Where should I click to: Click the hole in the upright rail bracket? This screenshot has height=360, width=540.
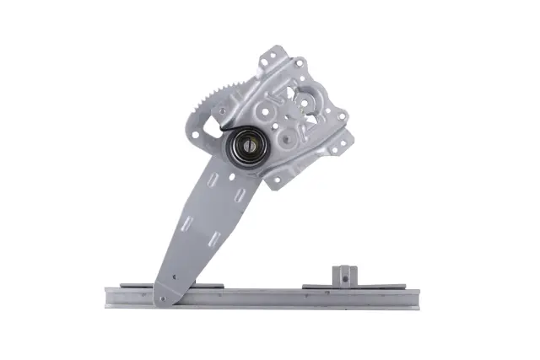[343, 271]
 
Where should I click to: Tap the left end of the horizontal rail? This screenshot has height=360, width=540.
[109, 298]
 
